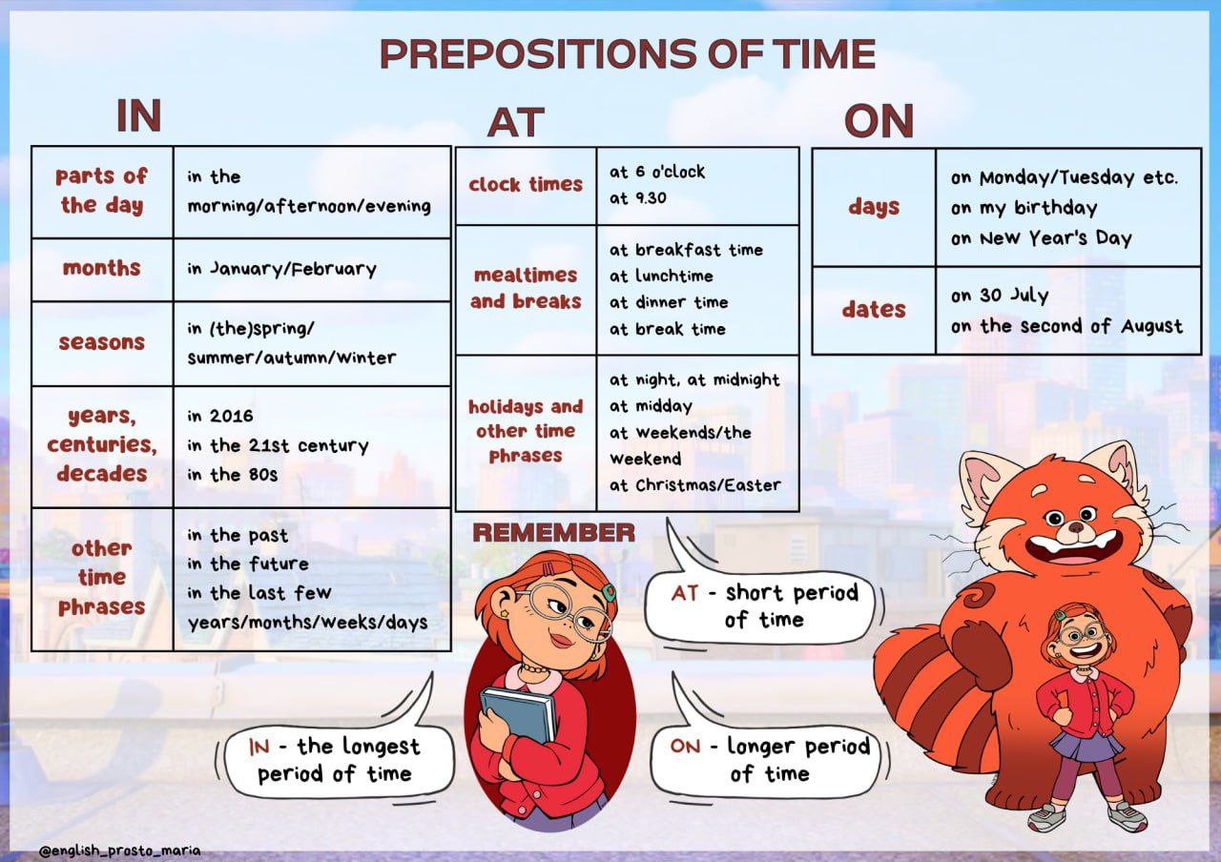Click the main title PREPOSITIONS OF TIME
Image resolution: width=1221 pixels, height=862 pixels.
pyautogui.click(x=628, y=53)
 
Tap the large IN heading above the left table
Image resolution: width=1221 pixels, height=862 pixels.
pyautogui.click(x=139, y=115)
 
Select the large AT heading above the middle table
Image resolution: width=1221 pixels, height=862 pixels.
pyautogui.click(x=516, y=122)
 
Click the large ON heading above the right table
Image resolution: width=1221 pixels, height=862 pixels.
pyautogui.click(x=879, y=121)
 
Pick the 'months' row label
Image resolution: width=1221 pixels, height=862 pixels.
pyautogui.click(x=102, y=268)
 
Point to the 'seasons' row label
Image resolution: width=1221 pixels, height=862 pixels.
pyautogui.click(x=102, y=342)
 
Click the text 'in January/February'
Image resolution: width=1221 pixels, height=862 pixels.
pyautogui.click(x=281, y=269)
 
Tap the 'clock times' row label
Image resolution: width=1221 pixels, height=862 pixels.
pyautogui.click(x=526, y=185)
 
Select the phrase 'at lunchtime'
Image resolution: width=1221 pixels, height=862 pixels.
pyautogui.click(x=661, y=276)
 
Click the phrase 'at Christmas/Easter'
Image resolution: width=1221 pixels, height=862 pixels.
pyautogui.click(x=695, y=485)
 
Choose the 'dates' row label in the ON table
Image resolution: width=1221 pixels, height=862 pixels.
pyautogui.click(x=874, y=310)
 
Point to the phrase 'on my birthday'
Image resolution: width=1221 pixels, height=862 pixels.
pyautogui.click(x=1024, y=208)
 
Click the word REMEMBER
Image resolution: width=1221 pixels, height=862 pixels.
pyautogui.click(x=554, y=532)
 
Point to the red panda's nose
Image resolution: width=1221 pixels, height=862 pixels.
pyautogui.click(x=1075, y=527)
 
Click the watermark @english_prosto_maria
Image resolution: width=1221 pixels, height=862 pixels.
pyautogui.click(x=120, y=851)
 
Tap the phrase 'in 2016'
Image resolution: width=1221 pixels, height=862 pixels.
pyautogui.click(x=220, y=417)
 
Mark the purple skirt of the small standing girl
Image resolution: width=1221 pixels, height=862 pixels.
pyautogui.click(x=1084, y=746)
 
